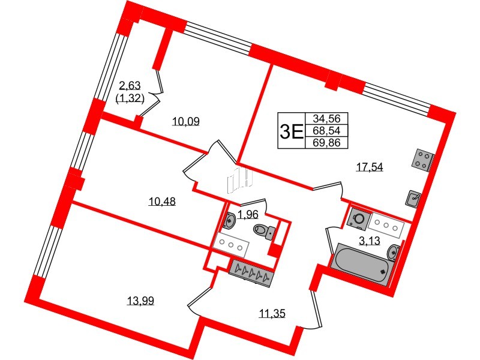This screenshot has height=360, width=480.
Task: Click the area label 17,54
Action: click(370, 167)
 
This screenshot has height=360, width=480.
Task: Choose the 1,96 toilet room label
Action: click(247, 214)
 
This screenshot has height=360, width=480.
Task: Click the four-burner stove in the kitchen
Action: click(422, 158)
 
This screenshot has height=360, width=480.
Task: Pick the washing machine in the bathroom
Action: click(358, 218)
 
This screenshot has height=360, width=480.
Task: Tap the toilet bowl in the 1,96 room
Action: click(263, 230)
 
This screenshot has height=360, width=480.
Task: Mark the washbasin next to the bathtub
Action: click(394, 252)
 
